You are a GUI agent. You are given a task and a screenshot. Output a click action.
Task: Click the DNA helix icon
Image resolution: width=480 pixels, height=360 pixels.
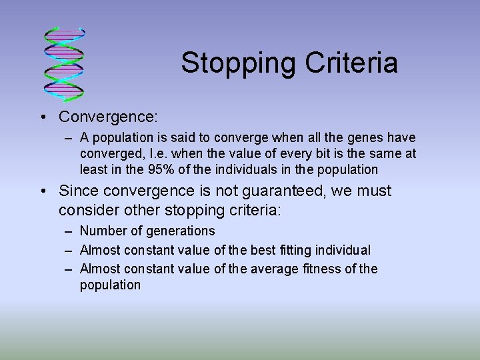(64, 61)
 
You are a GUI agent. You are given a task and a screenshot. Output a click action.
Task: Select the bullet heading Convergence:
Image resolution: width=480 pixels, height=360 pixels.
(108, 117)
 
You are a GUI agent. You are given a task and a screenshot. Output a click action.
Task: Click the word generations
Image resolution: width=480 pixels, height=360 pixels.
(181, 231)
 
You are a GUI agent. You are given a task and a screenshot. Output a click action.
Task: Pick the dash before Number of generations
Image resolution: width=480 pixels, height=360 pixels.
(69, 231)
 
